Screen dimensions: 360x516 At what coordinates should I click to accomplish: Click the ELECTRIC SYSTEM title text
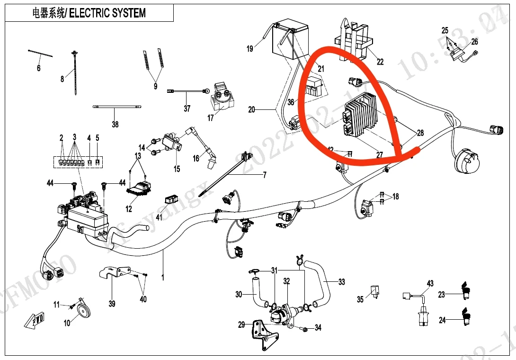(107, 13)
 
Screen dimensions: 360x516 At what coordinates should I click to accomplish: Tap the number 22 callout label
(380, 62)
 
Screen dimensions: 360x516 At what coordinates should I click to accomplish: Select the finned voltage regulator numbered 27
(361, 115)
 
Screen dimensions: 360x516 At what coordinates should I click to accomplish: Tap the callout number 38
(115, 125)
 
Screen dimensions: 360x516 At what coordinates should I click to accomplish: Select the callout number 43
(430, 284)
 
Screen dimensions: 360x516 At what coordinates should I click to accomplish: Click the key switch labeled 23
(465, 289)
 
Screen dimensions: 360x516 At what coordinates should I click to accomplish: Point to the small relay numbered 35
(374, 290)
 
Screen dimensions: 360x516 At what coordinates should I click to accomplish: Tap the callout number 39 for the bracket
(112, 304)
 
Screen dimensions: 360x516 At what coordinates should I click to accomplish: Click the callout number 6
(39, 68)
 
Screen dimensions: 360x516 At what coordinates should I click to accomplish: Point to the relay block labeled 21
(314, 88)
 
